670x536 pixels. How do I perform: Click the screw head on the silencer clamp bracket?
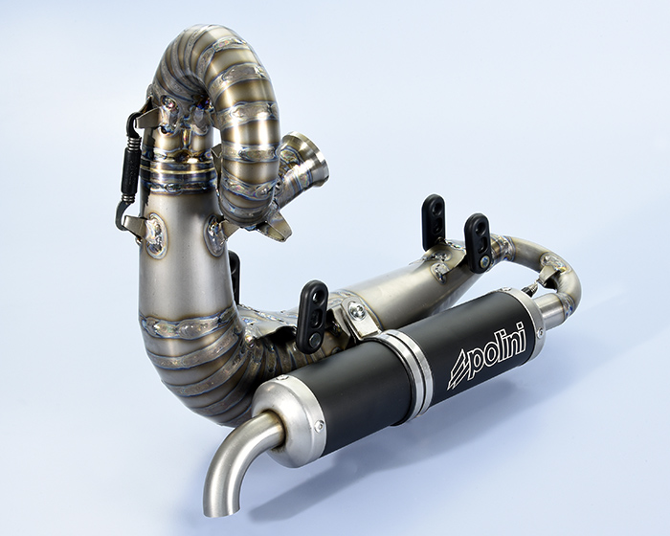[354, 308]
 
